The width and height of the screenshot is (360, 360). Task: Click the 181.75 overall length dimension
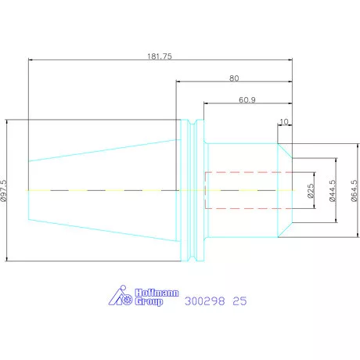point(160,56)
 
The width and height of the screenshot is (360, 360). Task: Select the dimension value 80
point(234,78)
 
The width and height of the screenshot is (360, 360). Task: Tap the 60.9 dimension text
point(247,100)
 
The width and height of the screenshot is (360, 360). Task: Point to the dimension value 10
point(284,121)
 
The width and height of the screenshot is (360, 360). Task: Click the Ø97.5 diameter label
point(4,191)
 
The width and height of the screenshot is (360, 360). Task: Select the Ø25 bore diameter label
point(311,191)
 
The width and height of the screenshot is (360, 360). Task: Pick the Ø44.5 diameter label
point(333,191)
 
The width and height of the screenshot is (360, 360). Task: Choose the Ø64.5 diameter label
point(354,191)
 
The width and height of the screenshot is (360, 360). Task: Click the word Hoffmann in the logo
point(157,293)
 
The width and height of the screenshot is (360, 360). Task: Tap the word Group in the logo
point(149,301)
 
